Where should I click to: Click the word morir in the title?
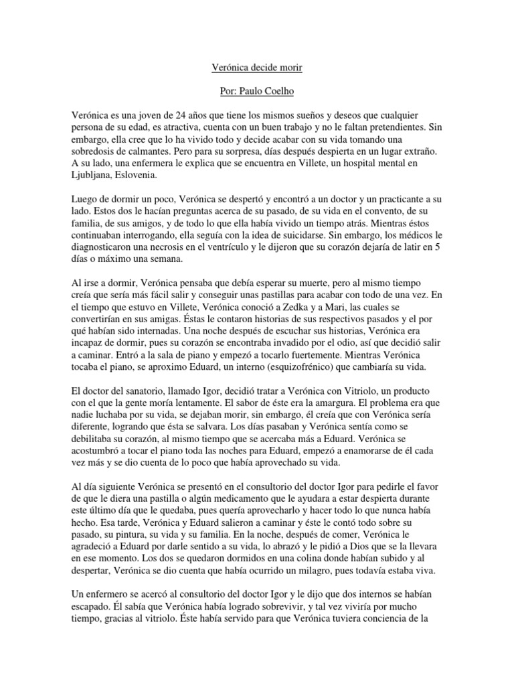pos(298,68)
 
